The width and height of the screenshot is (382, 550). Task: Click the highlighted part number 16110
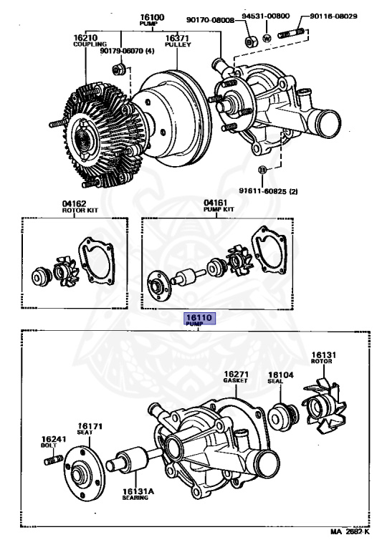pos(200,318)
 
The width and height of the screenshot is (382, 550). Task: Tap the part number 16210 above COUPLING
pos(85,37)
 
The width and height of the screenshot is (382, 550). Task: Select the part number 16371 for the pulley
pos(177,38)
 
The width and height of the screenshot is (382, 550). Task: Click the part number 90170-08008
pos(210,20)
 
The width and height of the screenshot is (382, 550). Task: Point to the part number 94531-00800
pos(266,16)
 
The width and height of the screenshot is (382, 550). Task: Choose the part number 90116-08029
pos(333,16)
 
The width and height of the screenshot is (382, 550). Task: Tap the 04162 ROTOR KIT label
pos(80,206)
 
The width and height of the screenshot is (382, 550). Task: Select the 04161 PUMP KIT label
pos(219,206)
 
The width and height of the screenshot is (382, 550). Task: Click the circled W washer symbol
pos(267,38)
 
